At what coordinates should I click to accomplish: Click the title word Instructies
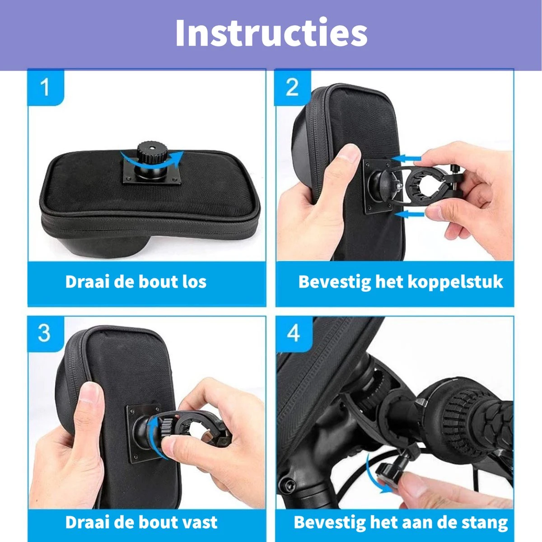[271, 33]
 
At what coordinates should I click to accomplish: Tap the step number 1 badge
[46, 87]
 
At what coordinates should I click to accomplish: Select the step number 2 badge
[293, 87]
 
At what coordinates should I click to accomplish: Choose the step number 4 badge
[294, 334]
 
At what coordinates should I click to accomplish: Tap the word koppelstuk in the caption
[456, 282]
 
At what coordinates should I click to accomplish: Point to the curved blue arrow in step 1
[152, 160]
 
